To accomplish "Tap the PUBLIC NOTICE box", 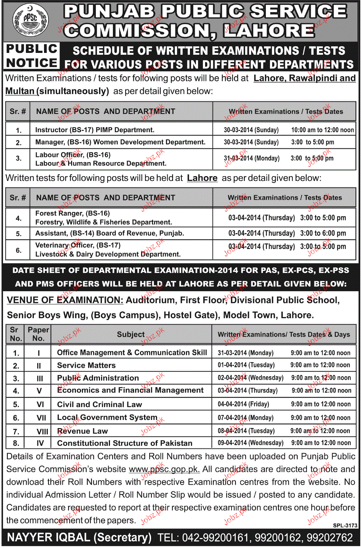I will pos(32,56).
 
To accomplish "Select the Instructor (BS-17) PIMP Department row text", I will pos(95,130).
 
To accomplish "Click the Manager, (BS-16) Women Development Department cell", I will pos(120,142).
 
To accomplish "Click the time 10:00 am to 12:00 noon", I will pos(322,130).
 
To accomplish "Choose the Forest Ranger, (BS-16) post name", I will pos(73,214).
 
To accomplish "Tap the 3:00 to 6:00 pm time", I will pos(323,233).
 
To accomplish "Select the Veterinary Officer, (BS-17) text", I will pos(78,245).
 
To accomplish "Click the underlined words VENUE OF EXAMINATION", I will pos(65,300).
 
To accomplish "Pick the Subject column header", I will pos(131,334).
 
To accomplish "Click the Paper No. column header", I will pos(38,334).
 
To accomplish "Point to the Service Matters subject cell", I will pos(86,366).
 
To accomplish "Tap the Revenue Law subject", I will pos(82,431).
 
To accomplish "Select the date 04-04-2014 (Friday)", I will pos(243,404).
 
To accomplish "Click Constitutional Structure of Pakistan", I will pos(124,443).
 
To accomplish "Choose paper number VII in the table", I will pos(41,418).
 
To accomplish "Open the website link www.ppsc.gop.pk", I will pos(164,470).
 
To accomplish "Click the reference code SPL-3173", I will pos(345,525).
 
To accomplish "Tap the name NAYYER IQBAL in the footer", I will pos(49,538).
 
